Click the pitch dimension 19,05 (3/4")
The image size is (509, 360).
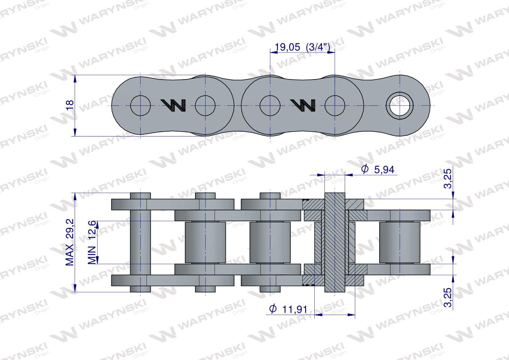[302, 47]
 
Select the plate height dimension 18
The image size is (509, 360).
[70, 105]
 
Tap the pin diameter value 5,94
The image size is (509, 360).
[384, 170]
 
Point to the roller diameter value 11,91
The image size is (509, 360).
[294, 309]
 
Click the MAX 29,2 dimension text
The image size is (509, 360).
[70, 242]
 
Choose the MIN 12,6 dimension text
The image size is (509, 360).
[92, 242]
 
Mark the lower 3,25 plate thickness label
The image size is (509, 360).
[448, 297]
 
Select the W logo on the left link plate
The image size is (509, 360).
[173, 105]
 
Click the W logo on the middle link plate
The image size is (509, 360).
[303, 105]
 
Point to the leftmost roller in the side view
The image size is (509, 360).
[205, 242]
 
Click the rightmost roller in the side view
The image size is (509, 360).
[399, 242]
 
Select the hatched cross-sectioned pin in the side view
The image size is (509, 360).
[334, 242]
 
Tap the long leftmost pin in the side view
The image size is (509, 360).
[140, 242]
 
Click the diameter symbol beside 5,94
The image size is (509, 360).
[365, 169]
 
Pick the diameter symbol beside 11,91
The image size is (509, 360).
[273, 309]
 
